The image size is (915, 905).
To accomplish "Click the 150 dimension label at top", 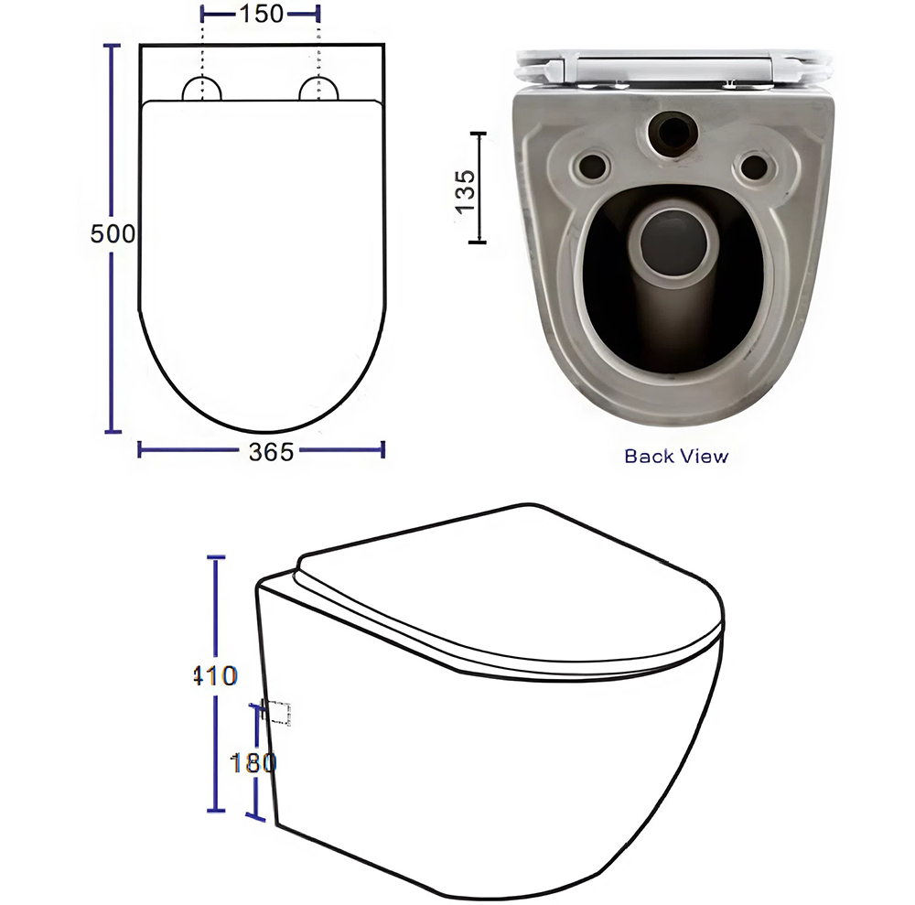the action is [261, 14].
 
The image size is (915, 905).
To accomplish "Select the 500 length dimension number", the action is [113, 233].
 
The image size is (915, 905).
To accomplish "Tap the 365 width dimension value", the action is [272, 452].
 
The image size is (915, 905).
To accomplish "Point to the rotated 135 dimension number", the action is [465, 191].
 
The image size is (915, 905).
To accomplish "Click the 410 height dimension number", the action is [215, 675].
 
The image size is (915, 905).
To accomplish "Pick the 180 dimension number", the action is [253, 762].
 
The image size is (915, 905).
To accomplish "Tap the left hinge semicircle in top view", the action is [202, 89].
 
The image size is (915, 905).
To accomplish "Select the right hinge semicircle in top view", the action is [318, 89].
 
